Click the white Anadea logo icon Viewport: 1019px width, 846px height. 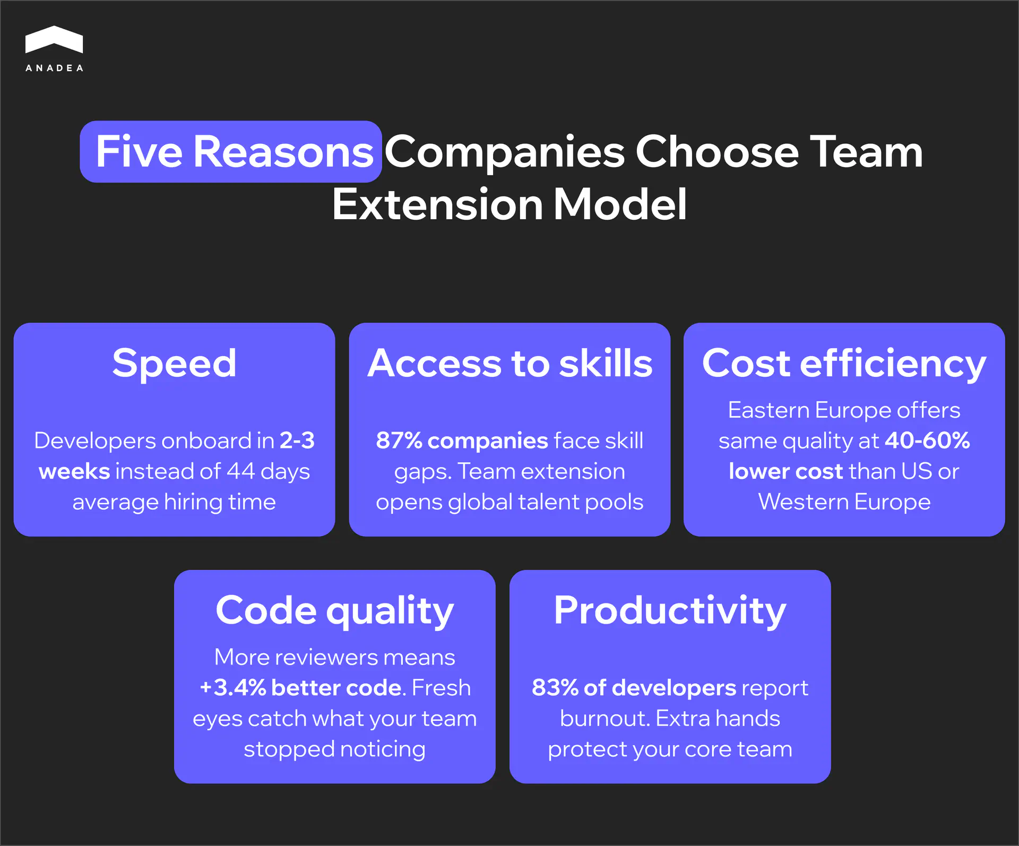pos(54,39)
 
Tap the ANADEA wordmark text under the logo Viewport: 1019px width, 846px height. pos(54,68)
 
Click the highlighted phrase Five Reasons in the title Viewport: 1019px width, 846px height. pos(234,152)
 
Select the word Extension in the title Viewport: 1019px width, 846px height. pos(438,204)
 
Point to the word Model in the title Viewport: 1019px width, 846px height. pos(620,204)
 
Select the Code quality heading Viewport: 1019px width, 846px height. pos(335,612)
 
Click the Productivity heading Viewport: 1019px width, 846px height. pos(670,611)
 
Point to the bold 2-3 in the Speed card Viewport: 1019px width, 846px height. pos(297,441)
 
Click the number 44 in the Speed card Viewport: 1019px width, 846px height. pos(241,471)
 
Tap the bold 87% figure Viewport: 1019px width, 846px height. pos(399,441)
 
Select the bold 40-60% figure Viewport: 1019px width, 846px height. pos(928,441)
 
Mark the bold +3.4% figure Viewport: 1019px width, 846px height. pos(233,688)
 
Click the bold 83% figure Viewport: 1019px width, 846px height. pos(555,688)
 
